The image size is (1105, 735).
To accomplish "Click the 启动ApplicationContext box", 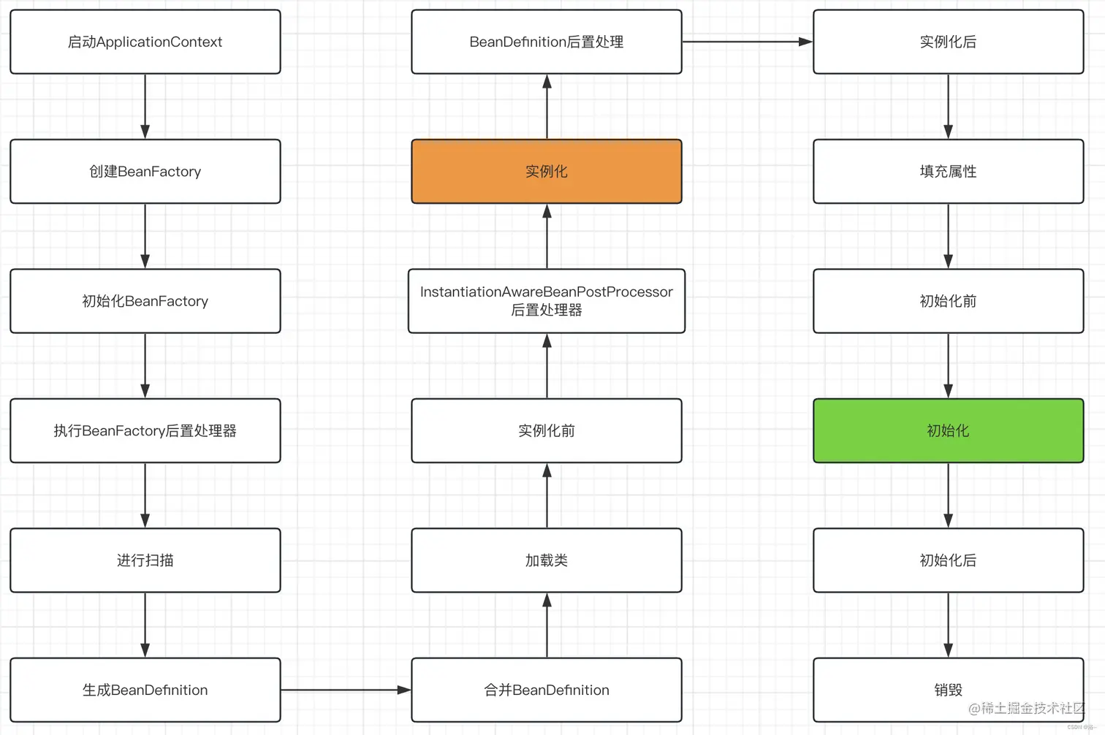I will pos(145,42).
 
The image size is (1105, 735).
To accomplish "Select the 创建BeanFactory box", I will pos(145,172).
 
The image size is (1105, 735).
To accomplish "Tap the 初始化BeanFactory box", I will pos(145,301).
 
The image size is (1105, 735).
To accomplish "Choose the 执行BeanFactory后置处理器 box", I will pos(145,430).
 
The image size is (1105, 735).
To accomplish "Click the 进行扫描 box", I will pos(145,560).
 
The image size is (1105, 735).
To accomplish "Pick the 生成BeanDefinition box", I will pos(145,690).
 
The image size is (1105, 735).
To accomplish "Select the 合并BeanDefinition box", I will pos(546,690).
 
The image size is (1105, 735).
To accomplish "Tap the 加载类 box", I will pos(546,560).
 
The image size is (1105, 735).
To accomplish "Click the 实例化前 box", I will pos(546,430).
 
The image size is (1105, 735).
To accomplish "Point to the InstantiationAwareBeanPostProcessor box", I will pos(546,301).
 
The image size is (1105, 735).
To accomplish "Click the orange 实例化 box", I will pos(546,172).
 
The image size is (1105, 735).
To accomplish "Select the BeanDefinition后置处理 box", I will pos(546,42).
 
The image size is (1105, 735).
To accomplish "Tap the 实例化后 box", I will pos(948,42).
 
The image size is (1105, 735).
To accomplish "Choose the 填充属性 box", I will pos(948,172).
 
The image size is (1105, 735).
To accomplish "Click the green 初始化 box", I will pos(948,430).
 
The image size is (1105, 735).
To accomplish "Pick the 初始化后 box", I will pos(948,560).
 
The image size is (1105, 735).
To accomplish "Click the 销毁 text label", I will pos(948,690).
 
